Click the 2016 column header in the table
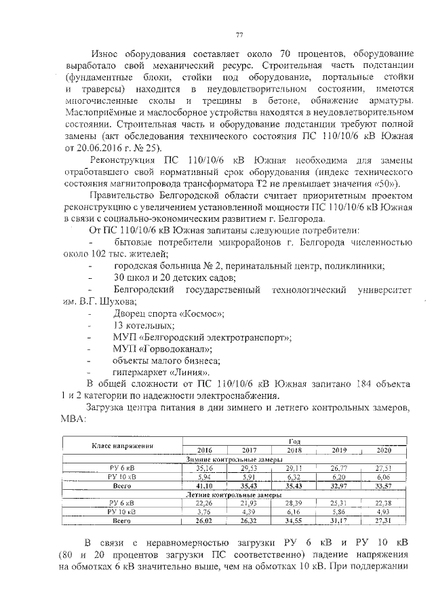[x=204, y=450]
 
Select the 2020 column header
[x=384, y=450]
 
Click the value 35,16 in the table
[x=204, y=467]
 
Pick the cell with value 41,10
[x=204, y=486]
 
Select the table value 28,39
[x=294, y=503]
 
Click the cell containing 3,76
[x=204, y=512]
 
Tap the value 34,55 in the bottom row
[x=294, y=520]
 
